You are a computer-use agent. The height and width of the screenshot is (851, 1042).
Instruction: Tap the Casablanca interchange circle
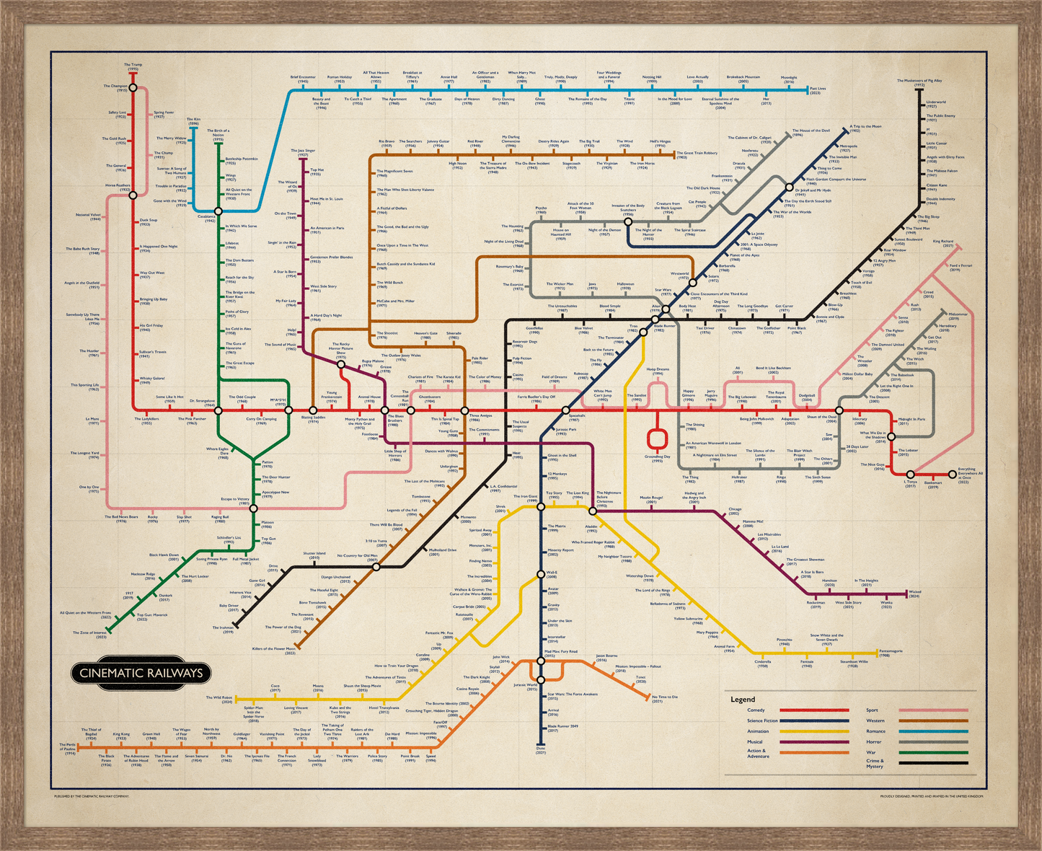218,211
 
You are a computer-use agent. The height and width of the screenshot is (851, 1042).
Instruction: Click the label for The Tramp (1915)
133,66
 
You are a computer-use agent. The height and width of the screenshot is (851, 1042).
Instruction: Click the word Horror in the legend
874,741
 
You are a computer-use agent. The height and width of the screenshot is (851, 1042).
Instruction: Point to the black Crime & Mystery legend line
933,762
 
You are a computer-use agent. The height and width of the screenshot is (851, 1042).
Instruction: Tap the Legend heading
743,699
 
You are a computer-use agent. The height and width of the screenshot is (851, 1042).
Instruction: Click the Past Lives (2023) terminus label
818,90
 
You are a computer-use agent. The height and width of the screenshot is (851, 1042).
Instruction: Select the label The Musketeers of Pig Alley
919,82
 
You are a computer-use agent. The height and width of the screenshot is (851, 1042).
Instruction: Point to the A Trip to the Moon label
865,128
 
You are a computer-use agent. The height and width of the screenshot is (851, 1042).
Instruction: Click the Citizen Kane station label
937,186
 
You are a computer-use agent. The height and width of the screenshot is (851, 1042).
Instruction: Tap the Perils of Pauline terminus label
67,746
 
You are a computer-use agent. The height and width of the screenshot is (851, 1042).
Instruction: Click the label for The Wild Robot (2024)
219,699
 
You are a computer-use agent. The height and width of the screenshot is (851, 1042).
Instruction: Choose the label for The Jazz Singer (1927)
303,152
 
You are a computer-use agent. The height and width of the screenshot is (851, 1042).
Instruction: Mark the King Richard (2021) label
942,243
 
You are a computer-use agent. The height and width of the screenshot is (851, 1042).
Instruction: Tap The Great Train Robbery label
697,154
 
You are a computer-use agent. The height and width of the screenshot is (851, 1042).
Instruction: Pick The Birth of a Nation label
218,134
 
